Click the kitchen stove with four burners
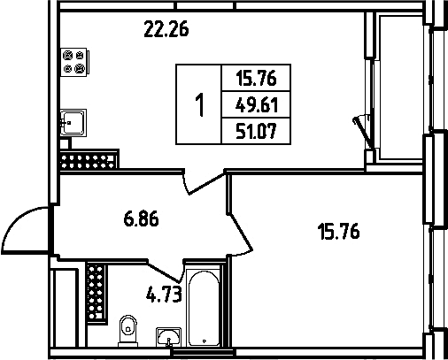pos(75,62)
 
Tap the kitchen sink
pos(73,123)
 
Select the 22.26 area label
pos(166,29)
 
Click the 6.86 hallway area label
pos(141,218)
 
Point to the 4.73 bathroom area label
pos(164,295)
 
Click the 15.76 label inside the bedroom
pos(338,231)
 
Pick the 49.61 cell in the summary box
pos(257,104)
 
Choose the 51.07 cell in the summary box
pos(256,131)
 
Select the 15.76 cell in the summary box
pos(256,79)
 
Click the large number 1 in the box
pos(200,104)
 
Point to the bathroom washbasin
pos(168,336)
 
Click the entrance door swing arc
pos(16,222)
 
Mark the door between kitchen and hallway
pos(204,183)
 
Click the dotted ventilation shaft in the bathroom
pos(97,293)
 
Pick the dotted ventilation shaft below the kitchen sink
pos(89,159)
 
